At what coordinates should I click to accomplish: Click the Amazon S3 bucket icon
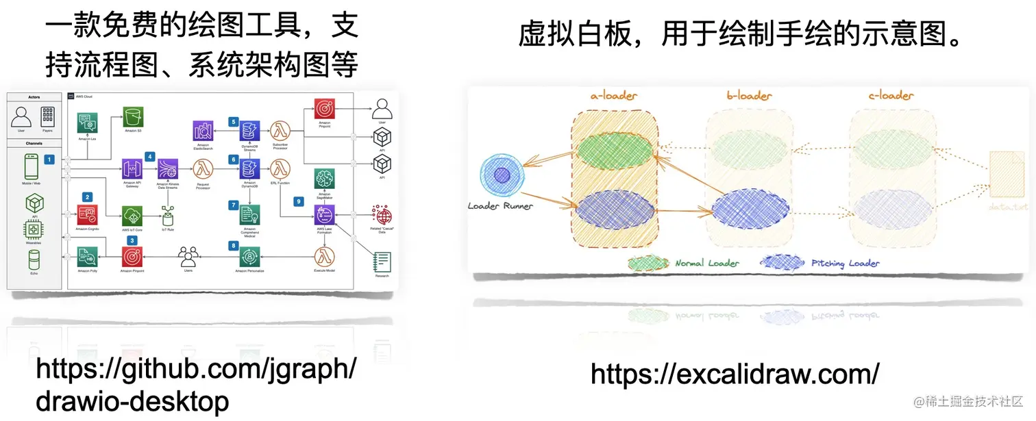(133, 117)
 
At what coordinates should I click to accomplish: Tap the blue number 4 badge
(149, 156)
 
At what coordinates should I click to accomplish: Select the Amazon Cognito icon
(88, 214)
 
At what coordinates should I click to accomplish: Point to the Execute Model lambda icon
(324, 257)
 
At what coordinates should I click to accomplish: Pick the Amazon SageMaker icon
(324, 179)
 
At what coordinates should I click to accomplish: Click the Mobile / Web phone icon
(32, 166)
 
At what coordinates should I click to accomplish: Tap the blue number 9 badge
(297, 201)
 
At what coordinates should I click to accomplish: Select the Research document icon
(382, 262)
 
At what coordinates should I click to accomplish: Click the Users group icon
(188, 257)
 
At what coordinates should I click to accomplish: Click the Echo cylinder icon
(33, 260)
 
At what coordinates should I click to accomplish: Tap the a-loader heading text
(614, 97)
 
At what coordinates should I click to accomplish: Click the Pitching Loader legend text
(846, 263)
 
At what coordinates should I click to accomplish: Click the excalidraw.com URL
(735, 375)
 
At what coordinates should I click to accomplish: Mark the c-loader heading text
(890, 97)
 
